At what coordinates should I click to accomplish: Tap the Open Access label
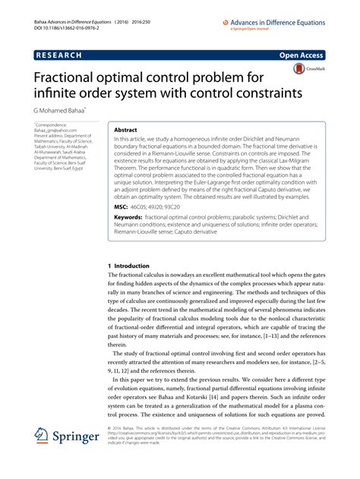click(x=304, y=55)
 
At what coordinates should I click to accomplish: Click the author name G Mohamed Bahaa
click(x=64, y=110)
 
